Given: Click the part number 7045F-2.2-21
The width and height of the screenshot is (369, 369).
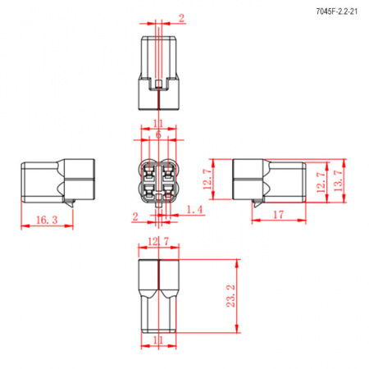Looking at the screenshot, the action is point(336,11).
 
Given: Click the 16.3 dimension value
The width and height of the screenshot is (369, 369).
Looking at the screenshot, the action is point(47,220).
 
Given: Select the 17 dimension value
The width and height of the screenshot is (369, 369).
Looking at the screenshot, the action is point(278,215).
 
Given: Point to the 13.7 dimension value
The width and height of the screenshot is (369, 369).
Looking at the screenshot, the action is point(338,180).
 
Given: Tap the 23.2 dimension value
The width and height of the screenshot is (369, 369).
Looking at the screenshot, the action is point(231,296).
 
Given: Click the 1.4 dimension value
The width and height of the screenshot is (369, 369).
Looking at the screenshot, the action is point(194,210).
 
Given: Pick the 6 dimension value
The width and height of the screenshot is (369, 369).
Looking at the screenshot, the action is point(158,134).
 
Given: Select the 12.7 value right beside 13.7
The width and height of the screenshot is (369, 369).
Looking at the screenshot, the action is point(321,182).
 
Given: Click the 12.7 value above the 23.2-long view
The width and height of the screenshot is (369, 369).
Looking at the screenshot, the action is point(158,242).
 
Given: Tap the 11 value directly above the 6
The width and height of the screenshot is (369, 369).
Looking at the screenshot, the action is point(158,124).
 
